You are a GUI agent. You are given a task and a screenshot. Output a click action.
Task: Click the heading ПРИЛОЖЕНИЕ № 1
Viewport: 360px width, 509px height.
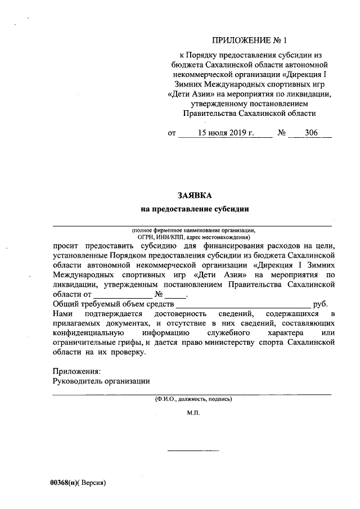pyautogui.click(x=249, y=40)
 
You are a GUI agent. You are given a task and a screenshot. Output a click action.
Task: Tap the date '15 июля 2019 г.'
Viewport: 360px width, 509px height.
pyautogui.click(x=226, y=133)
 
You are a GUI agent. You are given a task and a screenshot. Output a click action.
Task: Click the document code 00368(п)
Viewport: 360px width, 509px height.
pyautogui.click(x=64, y=483)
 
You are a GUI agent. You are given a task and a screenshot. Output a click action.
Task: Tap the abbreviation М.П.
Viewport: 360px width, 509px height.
pyautogui.click(x=193, y=412)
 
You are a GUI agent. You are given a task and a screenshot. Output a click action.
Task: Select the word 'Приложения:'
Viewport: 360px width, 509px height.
pyautogui.click(x=76, y=371)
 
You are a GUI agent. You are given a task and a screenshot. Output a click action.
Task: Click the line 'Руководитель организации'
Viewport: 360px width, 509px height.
pyautogui.click(x=101, y=381)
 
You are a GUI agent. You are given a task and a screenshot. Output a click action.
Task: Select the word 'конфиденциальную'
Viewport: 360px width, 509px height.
pyautogui.click(x=85, y=332)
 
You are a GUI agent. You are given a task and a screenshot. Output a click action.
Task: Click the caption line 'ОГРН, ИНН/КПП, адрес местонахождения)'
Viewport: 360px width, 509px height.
pyautogui.click(x=193, y=237)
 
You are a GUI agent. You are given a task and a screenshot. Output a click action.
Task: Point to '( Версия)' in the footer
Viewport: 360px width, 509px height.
pyautogui.click(x=92, y=483)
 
